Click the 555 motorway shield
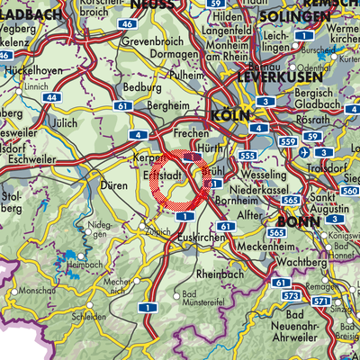(x=249, y=156)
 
